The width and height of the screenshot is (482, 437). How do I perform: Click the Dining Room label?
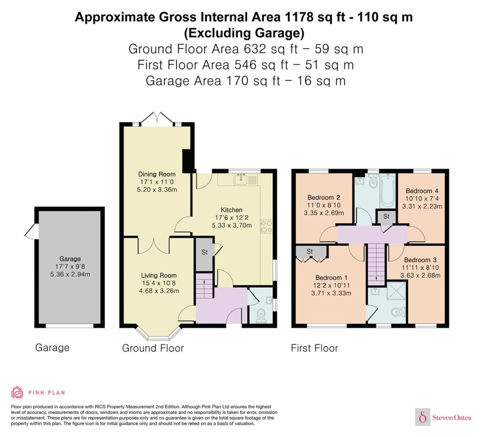pyautogui.click(x=157, y=174)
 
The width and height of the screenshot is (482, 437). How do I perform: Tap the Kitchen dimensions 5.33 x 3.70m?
pyautogui.click(x=232, y=225)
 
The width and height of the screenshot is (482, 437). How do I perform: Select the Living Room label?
pyautogui.click(x=159, y=275)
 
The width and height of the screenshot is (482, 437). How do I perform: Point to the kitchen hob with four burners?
pyautogui.click(x=266, y=226)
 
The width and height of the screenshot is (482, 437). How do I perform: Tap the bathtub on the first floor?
pyautogui.click(x=387, y=191)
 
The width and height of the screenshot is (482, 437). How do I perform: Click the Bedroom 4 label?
pyautogui.click(x=422, y=191)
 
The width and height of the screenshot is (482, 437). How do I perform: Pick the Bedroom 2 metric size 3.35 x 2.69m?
pyautogui.click(x=324, y=213)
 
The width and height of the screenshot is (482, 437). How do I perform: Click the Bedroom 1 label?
pyautogui.click(x=331, y=278)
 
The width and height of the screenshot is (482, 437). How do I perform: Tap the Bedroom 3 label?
pyautogui.click(x=420, y=260)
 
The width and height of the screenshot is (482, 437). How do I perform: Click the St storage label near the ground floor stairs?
pyautogui.click(x=205, y=252)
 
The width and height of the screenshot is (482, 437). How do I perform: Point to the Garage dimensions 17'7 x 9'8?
pyautogui.click(x=70, y=266)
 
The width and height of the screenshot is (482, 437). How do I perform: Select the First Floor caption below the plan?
pyautogui.click(x=315, y=348)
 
